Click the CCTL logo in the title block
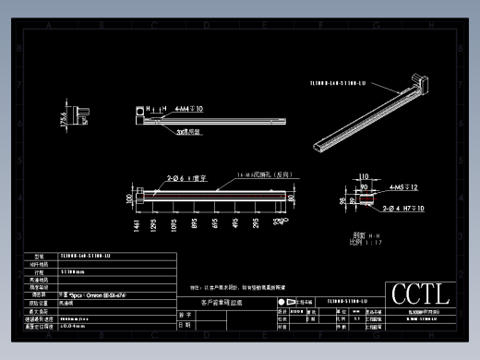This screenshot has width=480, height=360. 420,294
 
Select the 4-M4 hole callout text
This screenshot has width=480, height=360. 189,108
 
